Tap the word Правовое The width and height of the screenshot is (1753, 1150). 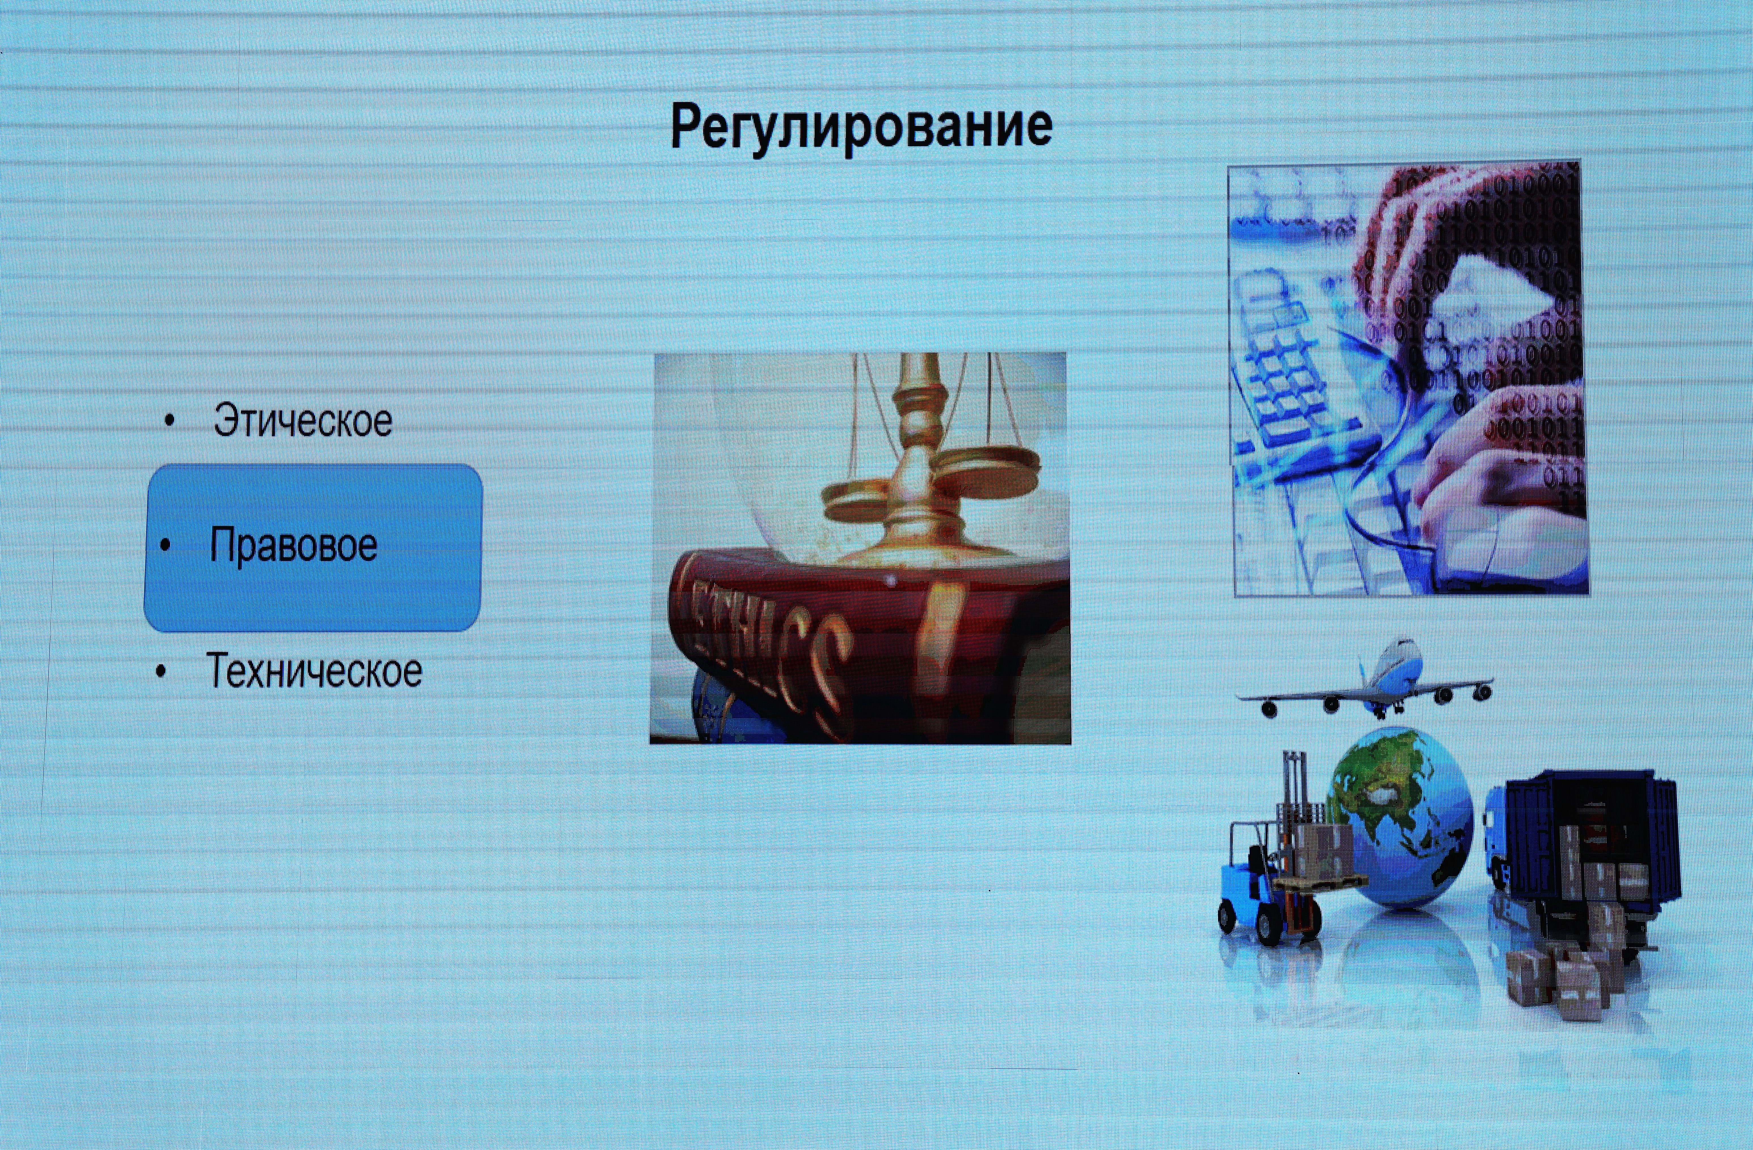(x=293, y=545)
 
